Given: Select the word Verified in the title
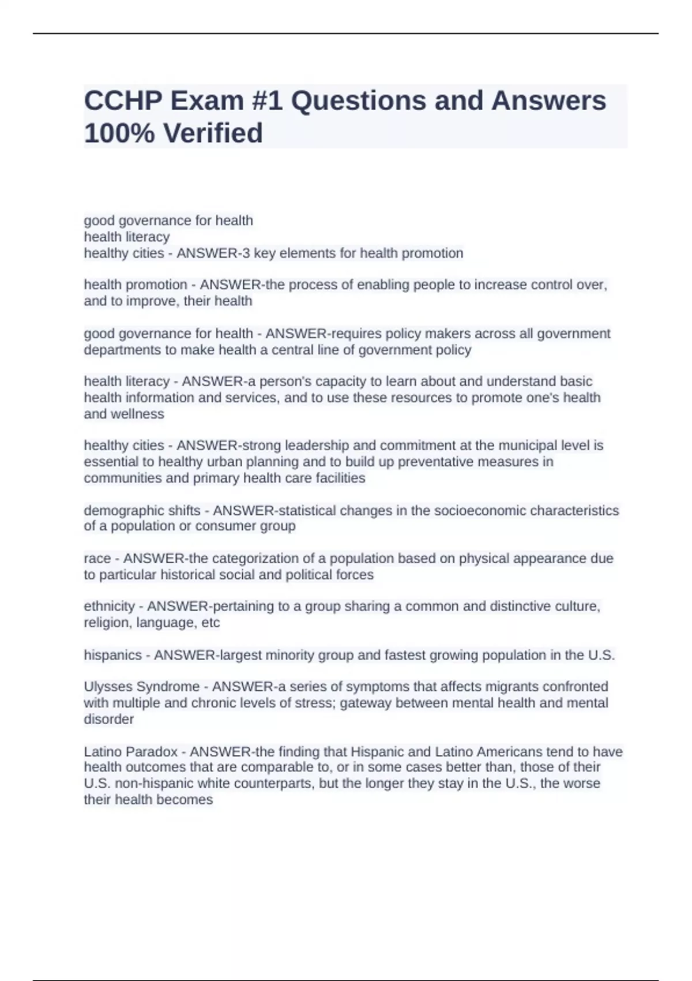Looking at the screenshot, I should pyautogui.click(x=213, y=133).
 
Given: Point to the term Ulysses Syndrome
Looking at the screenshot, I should pyautogui.click(x=142, y=687).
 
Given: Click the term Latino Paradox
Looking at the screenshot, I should pyautogui.click(x=131, y=751).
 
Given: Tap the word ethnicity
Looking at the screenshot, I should pyautogui.click(x=109, y=606).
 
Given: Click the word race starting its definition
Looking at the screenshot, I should pyautogui.click(x=97, y=558).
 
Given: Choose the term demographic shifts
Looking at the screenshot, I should pyautogui.click(x=142, y=510).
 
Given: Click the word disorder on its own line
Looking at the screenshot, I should pyautogui.click(x=109, y=719).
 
